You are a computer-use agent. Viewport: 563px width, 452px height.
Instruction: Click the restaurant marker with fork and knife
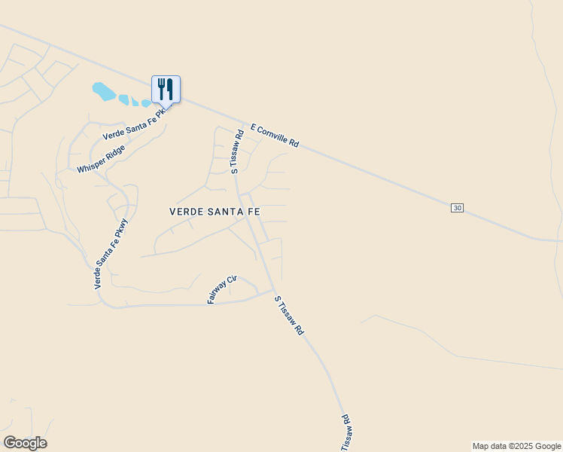click(x=166, y=89)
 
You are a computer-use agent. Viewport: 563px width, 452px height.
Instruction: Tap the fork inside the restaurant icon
click(x=161, y=88)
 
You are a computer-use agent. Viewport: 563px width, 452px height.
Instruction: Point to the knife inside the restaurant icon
click(x=170, y=88)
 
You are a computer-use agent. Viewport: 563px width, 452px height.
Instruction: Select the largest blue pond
click(x=103, y=92)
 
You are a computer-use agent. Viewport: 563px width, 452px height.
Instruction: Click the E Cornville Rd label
click(x=275, y=136)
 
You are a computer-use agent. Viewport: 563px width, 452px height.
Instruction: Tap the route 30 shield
click(x=457, y=207)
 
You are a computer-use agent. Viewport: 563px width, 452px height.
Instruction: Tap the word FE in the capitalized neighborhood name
click(x=253, y=212)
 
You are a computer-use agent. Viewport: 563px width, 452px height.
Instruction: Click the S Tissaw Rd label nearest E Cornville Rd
click(x=236, y=153)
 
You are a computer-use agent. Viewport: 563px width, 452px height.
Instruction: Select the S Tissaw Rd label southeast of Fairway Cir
click(x=288, y=315)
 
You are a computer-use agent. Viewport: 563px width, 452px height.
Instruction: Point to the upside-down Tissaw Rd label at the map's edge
click(x=346, y=432)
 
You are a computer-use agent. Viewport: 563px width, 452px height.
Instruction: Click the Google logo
click(x=25, y=443)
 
